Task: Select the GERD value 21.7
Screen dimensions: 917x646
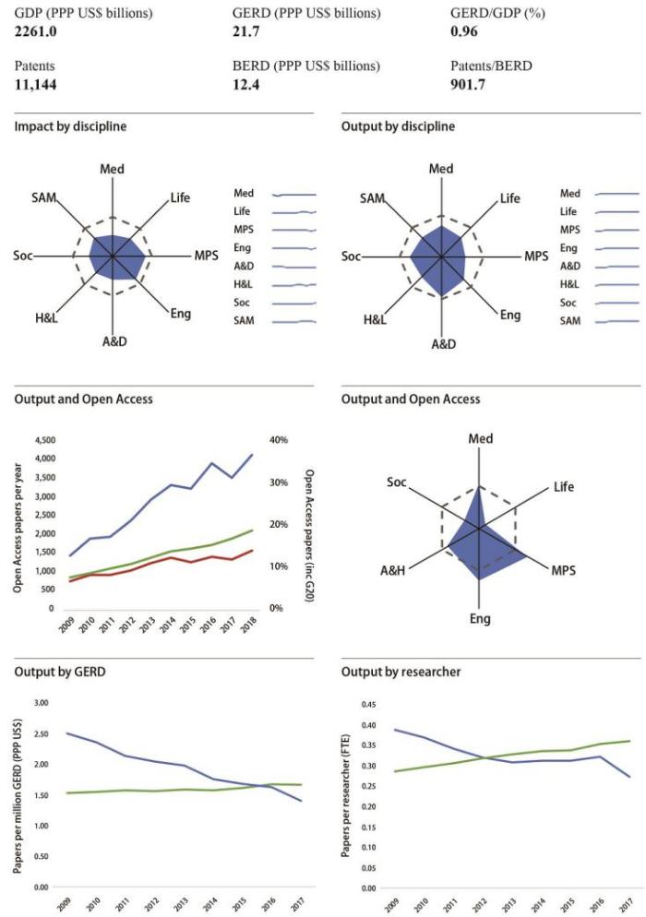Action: (x=250, y=32)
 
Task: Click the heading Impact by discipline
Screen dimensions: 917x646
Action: (x=71, y=125)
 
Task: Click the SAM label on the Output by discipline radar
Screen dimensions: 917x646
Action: (x=373, y=198)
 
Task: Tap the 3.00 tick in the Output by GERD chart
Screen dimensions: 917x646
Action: (x=41, y=703)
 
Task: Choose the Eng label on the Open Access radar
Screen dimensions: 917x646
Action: (x=480, y=617)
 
